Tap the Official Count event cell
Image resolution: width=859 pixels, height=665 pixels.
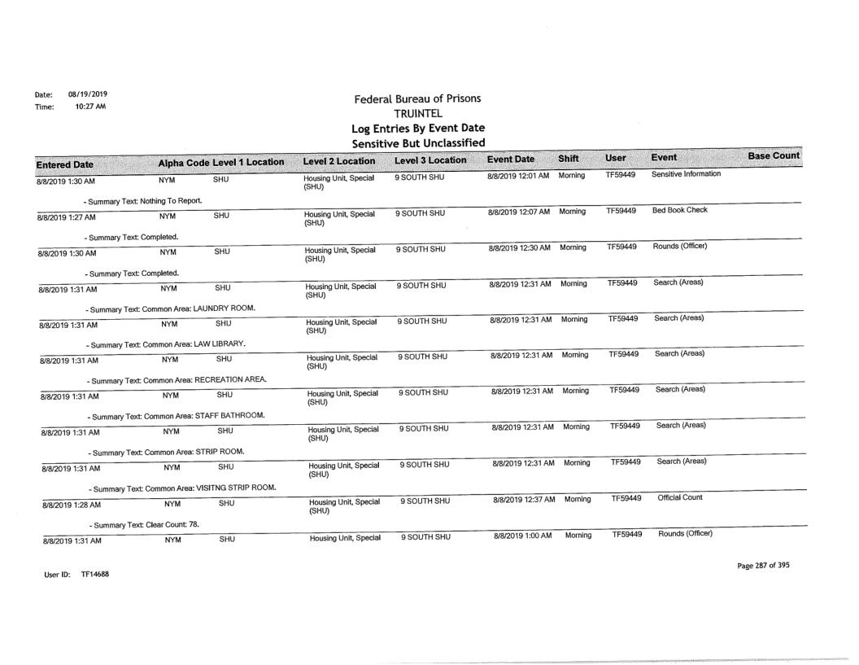(682, 497)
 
